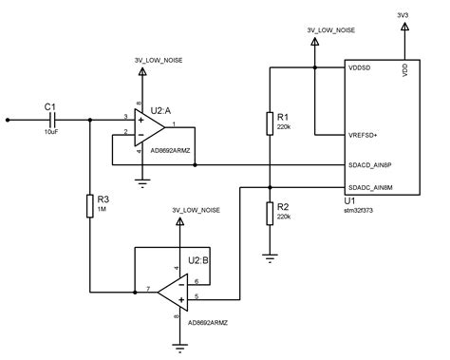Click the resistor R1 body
(271, 122)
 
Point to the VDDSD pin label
(361, 68)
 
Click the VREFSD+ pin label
(366, 136)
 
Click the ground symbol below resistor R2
(271, 255)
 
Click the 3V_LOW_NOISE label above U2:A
(159, 60)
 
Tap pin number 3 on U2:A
(124, 116)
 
